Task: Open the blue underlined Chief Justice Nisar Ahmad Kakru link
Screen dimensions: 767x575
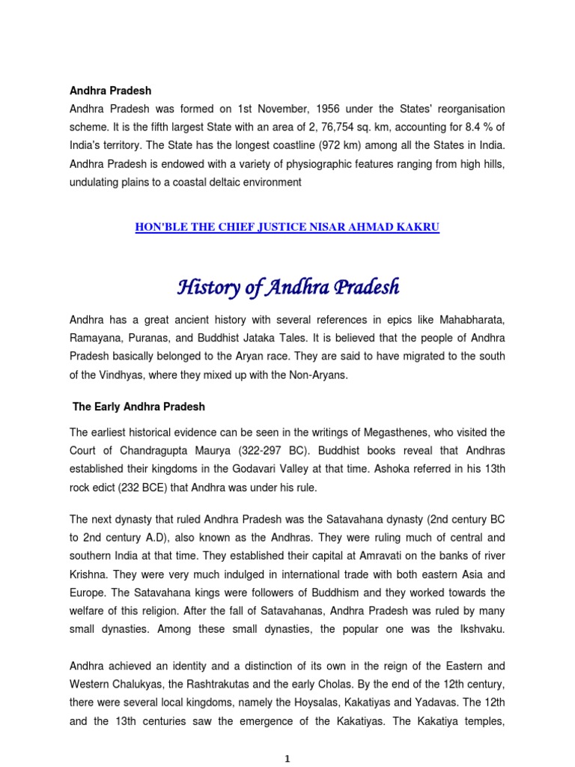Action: coord(287,228)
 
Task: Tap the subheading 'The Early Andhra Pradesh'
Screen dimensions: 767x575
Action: coord(139,407)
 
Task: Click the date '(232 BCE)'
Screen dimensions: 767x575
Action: coord(124,488)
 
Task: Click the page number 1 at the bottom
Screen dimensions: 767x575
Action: coord(287,759)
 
